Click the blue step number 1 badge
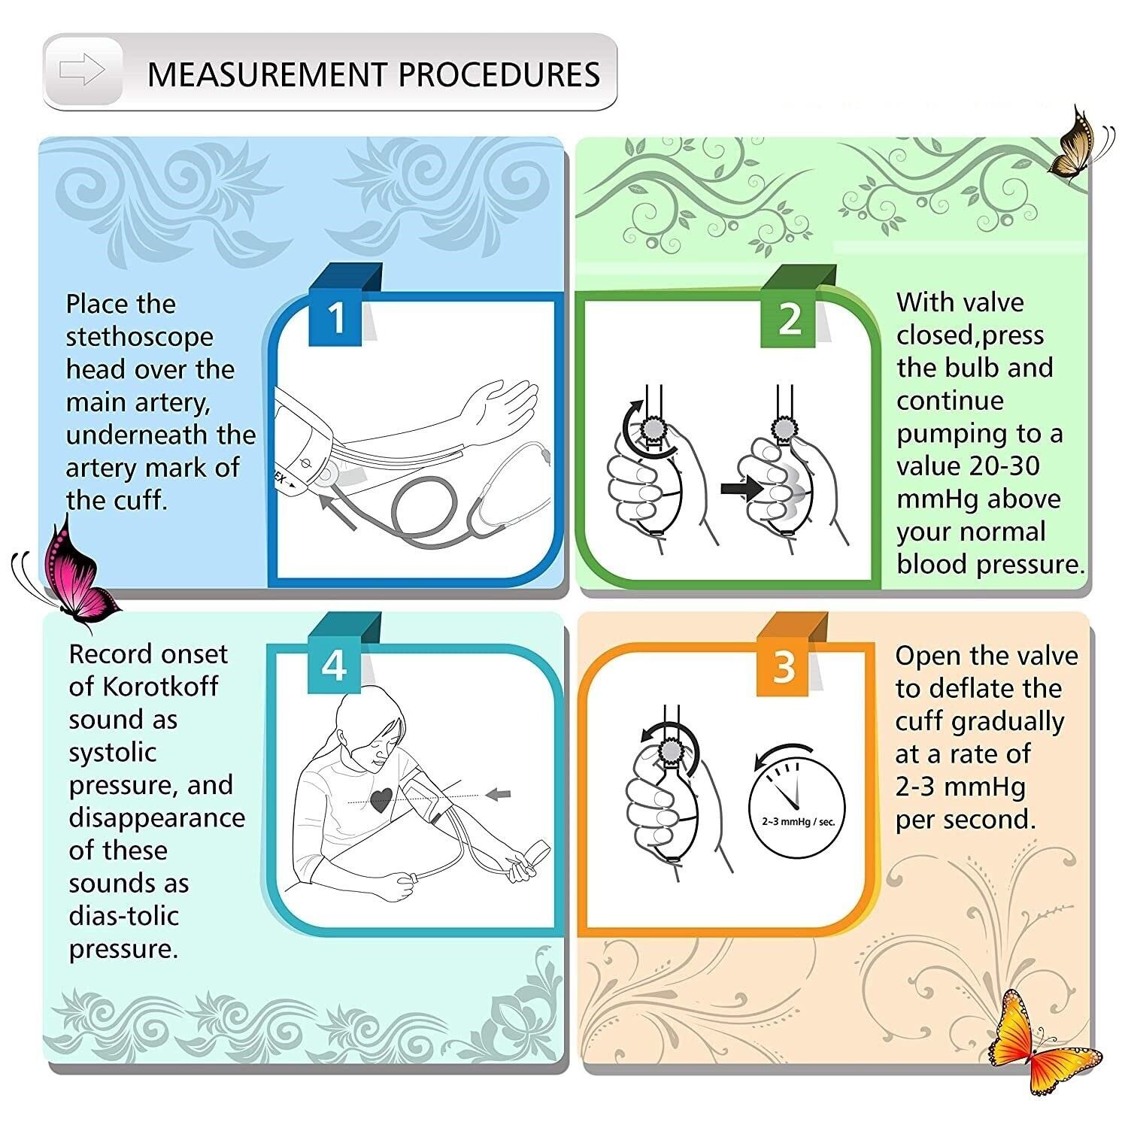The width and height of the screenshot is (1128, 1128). (335, 318)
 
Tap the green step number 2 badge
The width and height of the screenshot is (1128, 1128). (788, 319)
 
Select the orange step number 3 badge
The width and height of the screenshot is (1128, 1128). (783, 666)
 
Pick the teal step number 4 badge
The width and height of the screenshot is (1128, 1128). (334, 666)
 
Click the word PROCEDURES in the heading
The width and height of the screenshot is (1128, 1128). (499, 74)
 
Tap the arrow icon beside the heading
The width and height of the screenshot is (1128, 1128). (82, 70)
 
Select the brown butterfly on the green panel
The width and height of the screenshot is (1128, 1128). (1080, 143)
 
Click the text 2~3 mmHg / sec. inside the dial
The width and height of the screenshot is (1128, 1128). (799, 822)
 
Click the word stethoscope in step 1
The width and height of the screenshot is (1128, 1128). (139, 338)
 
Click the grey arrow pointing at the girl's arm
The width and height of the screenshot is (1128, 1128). (498, 793)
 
